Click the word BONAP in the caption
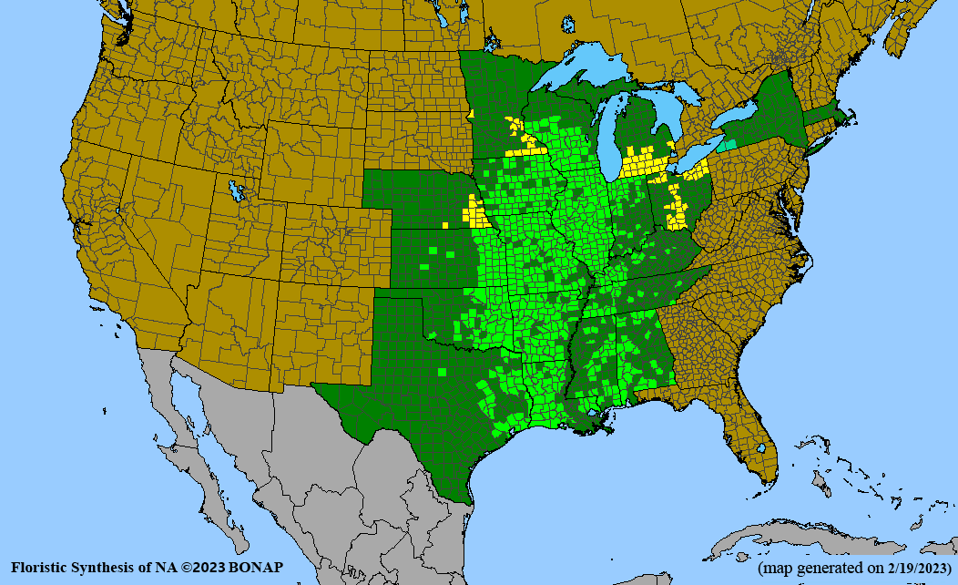tap(257, 568)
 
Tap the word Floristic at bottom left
tap(41, 568)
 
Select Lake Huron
tap(669, 114)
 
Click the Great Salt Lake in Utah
tap(238, 192)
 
